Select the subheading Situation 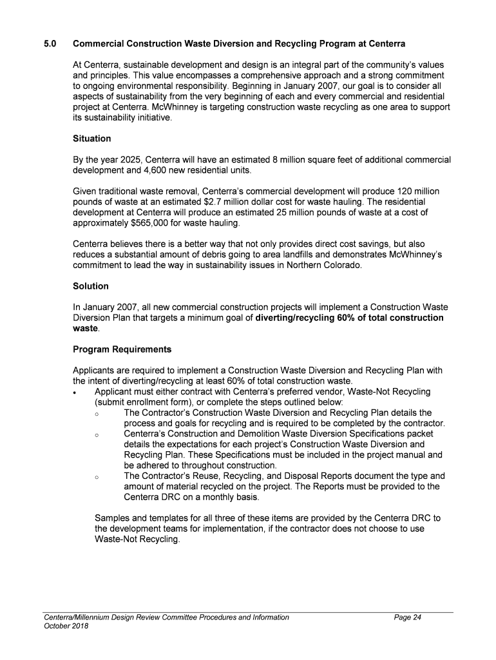[x=92, y=139]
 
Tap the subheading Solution [x=91, y=286]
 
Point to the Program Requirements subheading [x=122, y=349]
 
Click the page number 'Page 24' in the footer [x=408, y=617]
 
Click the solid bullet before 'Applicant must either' [x=77, y=393]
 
